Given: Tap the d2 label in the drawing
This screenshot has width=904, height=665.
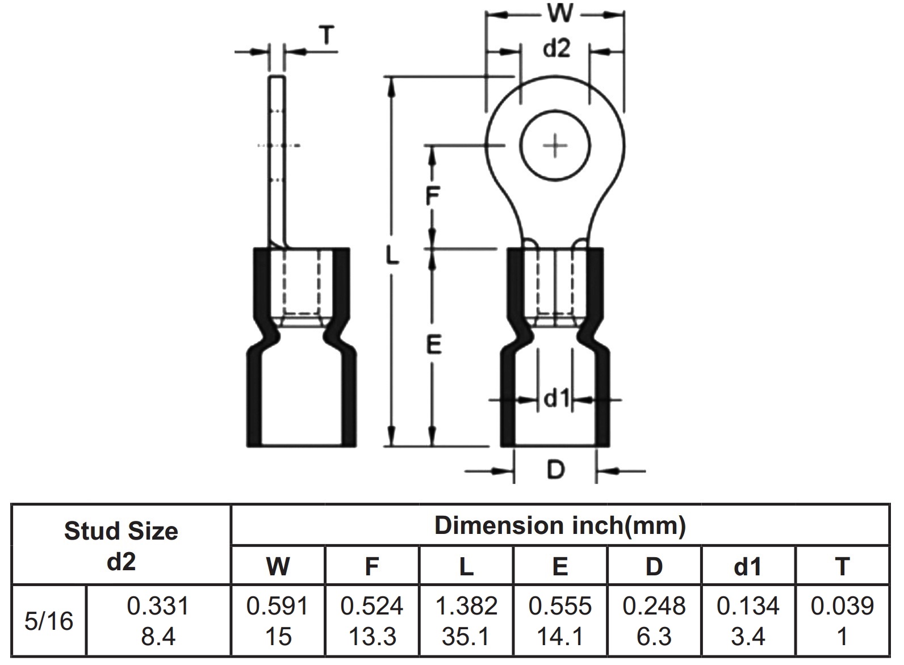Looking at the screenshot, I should [x=556, y=49].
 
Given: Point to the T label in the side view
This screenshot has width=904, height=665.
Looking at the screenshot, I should [x=327, y=37].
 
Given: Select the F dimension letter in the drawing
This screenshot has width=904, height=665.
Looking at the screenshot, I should [x=433, y=196].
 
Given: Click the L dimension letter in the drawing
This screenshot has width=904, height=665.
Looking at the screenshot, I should [x=392, y=255].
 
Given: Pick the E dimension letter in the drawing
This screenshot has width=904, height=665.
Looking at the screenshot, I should [x=434, y=345].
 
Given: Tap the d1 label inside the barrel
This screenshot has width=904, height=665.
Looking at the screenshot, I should [x=556, y=399].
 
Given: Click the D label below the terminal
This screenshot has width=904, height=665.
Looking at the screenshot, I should [x=555, y=470].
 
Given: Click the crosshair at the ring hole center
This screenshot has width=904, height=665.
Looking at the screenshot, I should [x=555, y=146].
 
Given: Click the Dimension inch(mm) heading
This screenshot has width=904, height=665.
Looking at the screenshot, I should [x=560, y=526].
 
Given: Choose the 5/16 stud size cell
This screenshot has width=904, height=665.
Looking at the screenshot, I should [x=49, y=621].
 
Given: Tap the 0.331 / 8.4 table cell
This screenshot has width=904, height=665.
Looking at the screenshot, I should [x=158, y=621].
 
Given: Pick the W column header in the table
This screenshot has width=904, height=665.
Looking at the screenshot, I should [x=278, y=566].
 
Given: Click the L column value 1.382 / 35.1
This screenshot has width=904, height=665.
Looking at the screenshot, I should [x=466, y=621].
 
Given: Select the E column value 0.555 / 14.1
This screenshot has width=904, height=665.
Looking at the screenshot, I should [x=560, y=621].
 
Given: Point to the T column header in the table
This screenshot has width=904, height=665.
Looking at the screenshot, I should [x=842, y=566].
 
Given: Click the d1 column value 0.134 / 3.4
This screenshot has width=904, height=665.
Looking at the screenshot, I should [x=748, y=621].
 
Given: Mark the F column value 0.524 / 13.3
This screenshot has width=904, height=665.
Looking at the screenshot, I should [x=372, y=621].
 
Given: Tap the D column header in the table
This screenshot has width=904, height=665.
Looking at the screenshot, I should [x=654, y=566].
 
